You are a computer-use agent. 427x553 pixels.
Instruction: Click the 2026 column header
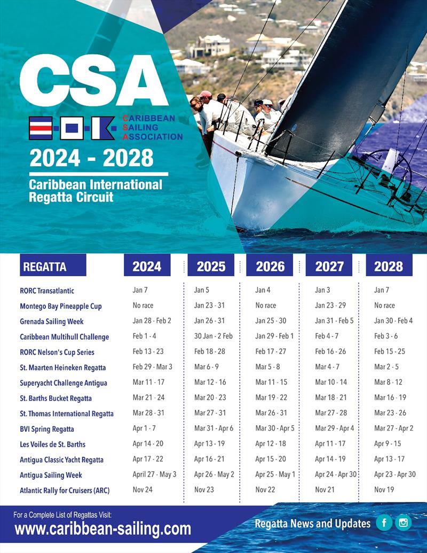click(x=270, y=266)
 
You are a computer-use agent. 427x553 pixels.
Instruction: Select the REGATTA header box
click(x=52, y=266)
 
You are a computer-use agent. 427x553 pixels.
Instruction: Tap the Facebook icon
click(x=383, y=523)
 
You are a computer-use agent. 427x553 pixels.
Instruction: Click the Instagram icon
click(x=404, y=523)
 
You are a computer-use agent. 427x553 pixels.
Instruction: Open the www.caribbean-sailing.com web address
click(x=102, y=529)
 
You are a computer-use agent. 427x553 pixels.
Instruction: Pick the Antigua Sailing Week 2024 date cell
click(x=154, y=474)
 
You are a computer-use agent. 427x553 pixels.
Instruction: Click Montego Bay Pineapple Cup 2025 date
click(x=209, y=306)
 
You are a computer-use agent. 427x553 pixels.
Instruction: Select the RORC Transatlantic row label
click(x=47, y=291)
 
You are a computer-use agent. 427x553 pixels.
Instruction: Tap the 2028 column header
click(x=389, y=266)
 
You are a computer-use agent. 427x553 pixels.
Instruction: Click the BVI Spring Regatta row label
click(x=47, y=429)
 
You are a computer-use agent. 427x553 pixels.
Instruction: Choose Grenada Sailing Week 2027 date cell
click(x=334, y=321)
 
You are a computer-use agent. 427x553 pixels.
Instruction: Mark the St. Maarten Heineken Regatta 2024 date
click(x=152, y=367)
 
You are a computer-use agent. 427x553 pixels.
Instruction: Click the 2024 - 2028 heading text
click(x=91, y=158)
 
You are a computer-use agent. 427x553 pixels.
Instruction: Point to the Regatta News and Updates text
click(x=312, y=524)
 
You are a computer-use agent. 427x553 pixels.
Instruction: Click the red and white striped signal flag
click(x=41, y=128)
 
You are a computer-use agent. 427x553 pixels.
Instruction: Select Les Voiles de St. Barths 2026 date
click(x=271, y=444)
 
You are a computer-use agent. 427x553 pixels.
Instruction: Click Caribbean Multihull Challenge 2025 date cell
click(x=213, y=337)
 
